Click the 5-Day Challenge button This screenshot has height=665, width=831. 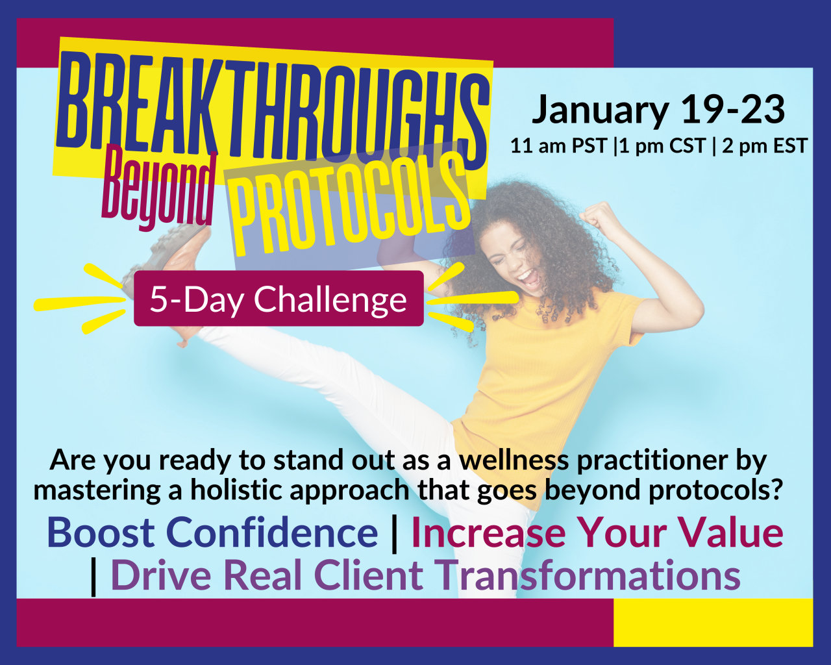(279, 298)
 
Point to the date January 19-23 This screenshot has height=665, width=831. (658, 110)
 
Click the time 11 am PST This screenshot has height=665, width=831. (559, 146)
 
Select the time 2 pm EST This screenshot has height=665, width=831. (765, 146)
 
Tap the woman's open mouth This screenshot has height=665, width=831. (529, 278)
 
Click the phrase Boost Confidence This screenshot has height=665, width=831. (212, 533)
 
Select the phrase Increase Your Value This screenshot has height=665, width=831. (597, 533)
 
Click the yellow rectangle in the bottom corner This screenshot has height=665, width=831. (713, 623)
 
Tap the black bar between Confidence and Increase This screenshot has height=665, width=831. (394, 534)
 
